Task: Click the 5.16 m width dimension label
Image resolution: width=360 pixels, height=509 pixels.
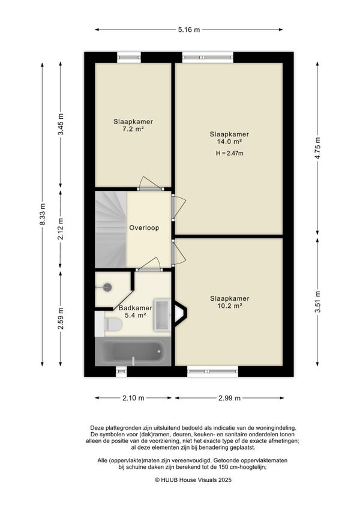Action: [189, 30]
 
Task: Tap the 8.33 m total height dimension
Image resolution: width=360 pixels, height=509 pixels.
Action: [43, 214]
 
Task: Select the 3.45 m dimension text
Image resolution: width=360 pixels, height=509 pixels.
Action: [61, 125]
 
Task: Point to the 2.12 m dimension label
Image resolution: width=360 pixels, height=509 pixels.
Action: [61, 230]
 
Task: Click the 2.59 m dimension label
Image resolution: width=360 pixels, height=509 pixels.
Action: [61, 319]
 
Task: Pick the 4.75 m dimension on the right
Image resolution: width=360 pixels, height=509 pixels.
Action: [318, 148]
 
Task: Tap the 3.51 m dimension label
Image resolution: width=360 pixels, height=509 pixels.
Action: [318, 301]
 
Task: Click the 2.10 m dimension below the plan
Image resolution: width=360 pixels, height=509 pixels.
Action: [133, 398]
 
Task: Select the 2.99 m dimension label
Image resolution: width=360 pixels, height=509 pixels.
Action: [230, 398]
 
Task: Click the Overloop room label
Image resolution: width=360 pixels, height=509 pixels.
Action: [144, 228]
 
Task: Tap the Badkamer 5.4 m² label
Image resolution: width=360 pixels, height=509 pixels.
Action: [136, 312]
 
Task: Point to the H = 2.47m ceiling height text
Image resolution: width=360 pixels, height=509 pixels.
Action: [230, 154]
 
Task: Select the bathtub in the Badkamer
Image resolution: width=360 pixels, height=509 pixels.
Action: [133, 352]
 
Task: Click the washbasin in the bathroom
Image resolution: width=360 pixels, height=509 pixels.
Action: [163, 315]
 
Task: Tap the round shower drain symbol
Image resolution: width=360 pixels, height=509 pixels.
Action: [107, 287]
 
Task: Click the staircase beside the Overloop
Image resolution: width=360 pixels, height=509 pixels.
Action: [110, 229]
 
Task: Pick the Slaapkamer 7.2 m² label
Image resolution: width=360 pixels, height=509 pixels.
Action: [133, 125]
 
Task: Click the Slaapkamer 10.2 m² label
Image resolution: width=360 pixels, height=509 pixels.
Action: [230, 302]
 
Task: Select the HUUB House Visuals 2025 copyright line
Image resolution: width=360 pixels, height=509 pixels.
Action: [193, 480]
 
